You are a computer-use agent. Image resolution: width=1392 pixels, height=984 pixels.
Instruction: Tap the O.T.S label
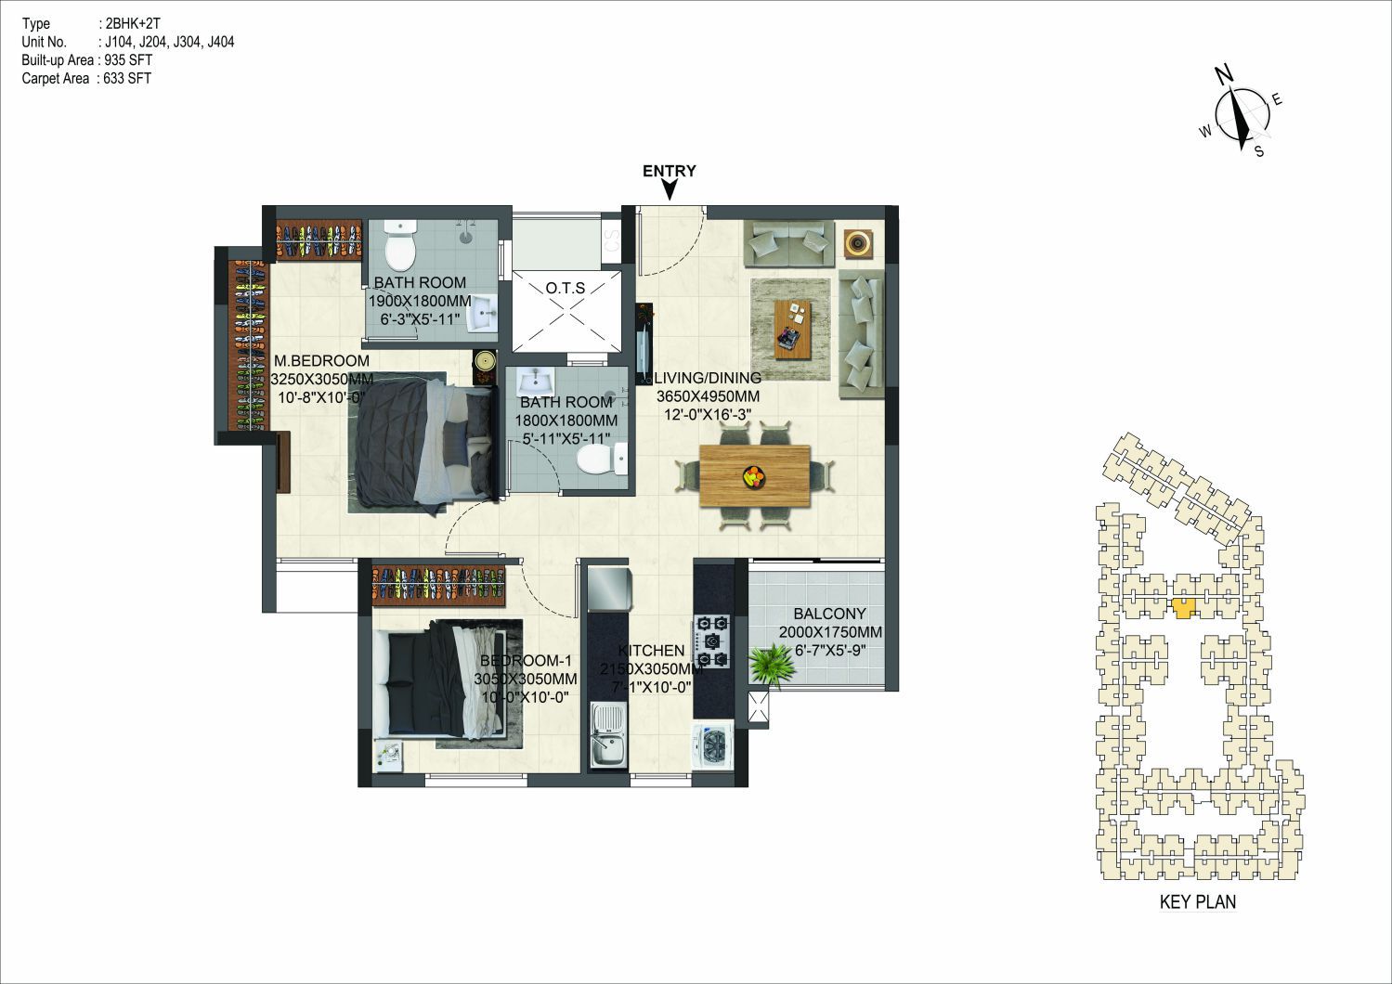pos(566,289)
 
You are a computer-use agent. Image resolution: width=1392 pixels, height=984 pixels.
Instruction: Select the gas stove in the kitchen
pos(711,641)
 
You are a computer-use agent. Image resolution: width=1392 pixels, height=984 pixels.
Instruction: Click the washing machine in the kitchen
pos(713,744)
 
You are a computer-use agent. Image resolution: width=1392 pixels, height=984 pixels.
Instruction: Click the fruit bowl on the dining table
pos(754,476)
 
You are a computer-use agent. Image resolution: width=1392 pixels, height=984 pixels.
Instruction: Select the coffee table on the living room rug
pos(793,330)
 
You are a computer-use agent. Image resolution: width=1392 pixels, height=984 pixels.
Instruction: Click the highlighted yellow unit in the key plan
pos(1184,608)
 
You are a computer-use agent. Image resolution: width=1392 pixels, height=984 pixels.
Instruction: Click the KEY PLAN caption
pos(1198,901)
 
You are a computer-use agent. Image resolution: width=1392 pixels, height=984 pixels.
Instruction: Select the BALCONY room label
pos(829,614)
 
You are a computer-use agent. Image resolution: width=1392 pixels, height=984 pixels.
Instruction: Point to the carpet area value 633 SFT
pos(127,78)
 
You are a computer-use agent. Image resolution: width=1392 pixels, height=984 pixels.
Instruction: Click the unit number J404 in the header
pos(221,43)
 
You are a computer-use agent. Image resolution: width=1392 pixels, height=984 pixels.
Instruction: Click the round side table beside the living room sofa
pos(859,243)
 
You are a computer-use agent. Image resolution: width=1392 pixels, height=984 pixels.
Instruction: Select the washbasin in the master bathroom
pos(482,313)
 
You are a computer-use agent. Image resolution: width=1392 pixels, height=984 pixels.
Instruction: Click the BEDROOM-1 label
pos(526,660)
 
